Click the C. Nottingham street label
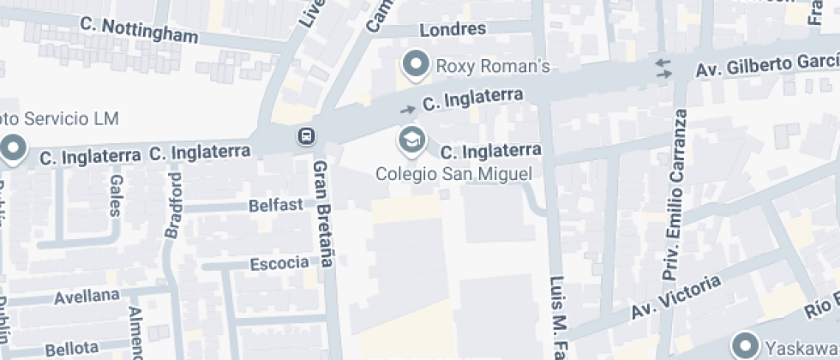(x=140, y=30)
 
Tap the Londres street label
(x=453, y=29)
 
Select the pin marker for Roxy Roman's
(x=417, y=64)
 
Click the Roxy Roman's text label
(x=493, y=66)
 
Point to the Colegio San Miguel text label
(x=455, y=174)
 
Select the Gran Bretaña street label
(x=321, y=213)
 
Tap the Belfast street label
(x=276, y=206)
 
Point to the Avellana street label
(x=87, y=297)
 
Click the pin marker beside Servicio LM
(x=13, y=149)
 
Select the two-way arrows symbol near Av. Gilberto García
(x=663, y=69)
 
